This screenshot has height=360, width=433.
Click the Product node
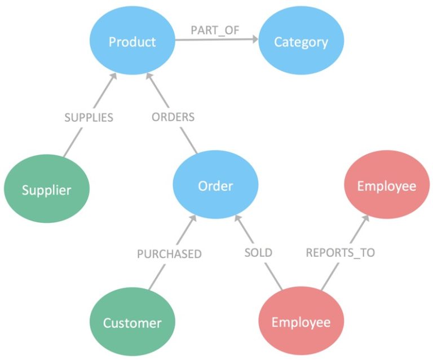tap(132, 42)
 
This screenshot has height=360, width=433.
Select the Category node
tap(301, 42)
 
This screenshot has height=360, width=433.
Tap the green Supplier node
tap(47, 190)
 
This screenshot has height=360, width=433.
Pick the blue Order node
tap(215, 186)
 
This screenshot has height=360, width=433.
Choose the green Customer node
tap(132, 323)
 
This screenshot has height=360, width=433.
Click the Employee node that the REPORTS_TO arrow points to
tap(387, 186)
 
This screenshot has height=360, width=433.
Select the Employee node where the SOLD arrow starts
tap(301, 322)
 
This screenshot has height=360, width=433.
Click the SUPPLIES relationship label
tap(89, 117)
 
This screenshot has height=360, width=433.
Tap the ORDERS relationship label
tap(173, 117)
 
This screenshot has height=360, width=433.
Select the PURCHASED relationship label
tap(169, 254)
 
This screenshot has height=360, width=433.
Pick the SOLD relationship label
tap(258, 252)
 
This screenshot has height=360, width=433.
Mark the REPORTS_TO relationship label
tap(340, 253)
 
